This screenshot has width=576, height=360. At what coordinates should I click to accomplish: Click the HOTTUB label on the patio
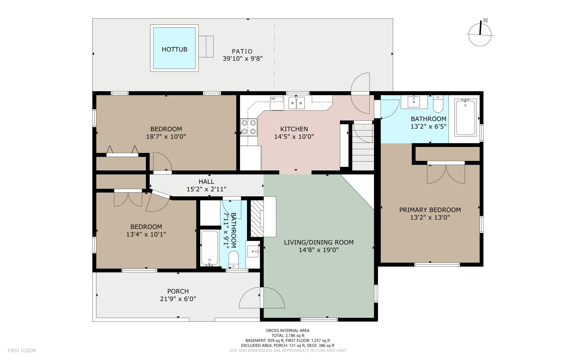click(x=174, y=50)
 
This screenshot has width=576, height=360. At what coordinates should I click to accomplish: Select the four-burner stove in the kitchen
click(x=249, y=127)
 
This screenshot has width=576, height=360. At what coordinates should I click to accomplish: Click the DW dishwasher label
click(x=273, y=99)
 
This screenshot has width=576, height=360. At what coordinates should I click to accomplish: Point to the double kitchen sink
click(x=297, y=103)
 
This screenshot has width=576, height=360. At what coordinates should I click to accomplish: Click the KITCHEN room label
click(x=294, y=129)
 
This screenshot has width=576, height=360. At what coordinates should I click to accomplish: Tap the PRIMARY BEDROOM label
click(x=430, y=210)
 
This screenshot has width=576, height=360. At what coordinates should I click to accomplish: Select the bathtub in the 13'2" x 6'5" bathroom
click(x=465, y=117)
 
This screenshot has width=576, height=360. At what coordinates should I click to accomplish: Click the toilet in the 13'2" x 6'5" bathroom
click(x=438, y=104)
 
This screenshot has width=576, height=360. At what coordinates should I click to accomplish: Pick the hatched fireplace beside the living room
click(x=257, y=218)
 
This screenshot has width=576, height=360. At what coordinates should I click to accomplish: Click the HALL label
click(x=206, y=182)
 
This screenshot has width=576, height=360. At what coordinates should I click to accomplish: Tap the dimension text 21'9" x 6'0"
click(x=178, y=299)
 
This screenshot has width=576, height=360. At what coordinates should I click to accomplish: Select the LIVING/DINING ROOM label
click(x=319, y=242)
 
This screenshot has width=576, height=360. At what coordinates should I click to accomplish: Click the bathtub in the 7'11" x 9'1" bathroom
click(x=210, y=248)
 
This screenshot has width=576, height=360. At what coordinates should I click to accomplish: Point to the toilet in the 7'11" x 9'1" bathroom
click(x=234, y=259)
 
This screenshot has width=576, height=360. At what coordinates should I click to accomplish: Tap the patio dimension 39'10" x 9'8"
click(x=242, y=59)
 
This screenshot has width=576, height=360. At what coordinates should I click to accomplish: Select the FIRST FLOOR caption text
click(x=22, y=351)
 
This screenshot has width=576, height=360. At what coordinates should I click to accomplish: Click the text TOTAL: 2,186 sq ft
click(x=288, y=336)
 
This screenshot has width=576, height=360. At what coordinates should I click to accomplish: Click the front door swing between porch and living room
click(x=262, y=298)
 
